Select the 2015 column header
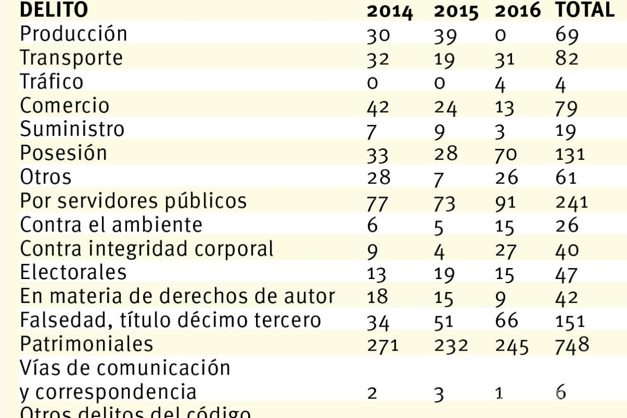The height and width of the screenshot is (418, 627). click(x=456, y=11)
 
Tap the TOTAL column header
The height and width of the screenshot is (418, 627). click(x=584, y=9)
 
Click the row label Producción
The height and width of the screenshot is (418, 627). click(x=73, y=34)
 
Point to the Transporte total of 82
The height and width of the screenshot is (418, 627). click(x=567, y=59)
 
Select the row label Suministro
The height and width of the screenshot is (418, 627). click(x=72, y=129)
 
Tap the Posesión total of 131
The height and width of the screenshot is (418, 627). click(x=570, y=154)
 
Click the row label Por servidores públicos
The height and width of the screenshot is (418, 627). click(x=133, y=201)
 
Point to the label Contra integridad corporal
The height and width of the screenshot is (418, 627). click(x=147, y=249)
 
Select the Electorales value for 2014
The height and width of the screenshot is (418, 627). click(x=377, y=273)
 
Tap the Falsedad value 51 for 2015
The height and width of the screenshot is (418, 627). click(x=444, y=320)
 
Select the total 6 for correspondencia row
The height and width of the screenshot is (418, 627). click(x=561, y=392)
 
